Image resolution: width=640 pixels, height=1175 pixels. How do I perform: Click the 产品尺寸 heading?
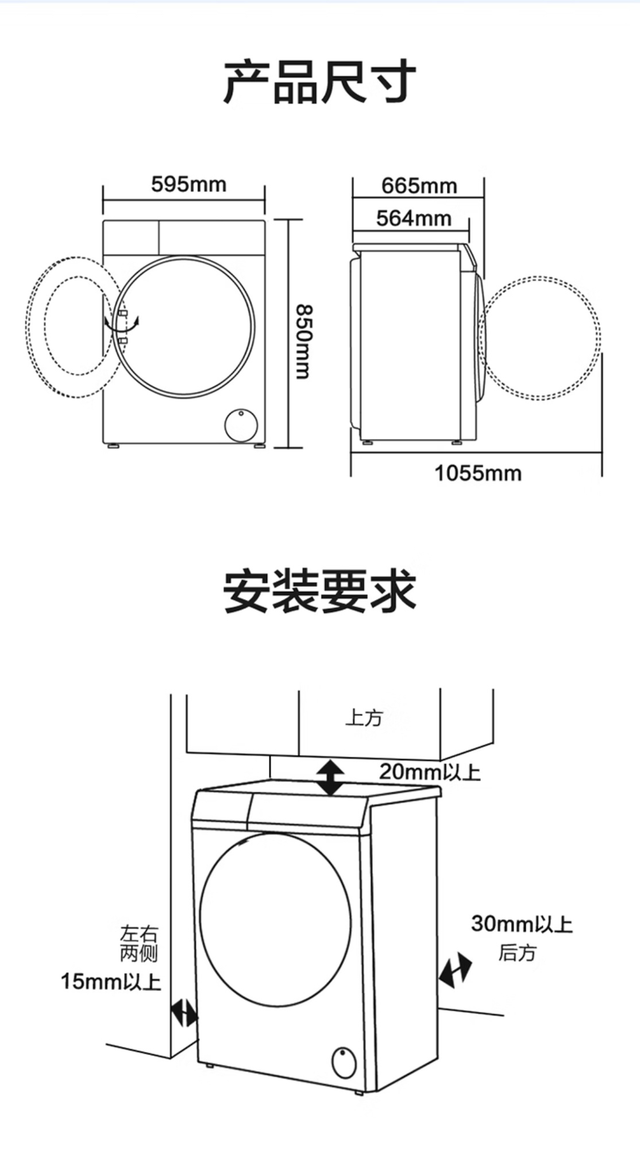319,82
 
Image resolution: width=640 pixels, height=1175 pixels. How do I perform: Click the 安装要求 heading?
319,591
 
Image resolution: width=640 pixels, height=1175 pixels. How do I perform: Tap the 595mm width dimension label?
189,184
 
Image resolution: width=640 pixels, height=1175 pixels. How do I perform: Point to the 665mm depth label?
419,186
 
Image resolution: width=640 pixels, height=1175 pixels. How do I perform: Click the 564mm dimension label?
414,218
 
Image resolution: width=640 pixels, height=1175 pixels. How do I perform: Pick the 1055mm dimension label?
478,473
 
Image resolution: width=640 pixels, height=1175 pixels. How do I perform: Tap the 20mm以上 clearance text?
430,772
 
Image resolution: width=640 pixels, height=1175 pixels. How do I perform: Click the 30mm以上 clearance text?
522,924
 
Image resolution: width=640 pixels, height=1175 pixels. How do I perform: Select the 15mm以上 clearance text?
111,981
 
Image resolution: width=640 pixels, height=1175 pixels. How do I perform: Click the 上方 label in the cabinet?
364,718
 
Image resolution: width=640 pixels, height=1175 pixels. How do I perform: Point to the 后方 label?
517,953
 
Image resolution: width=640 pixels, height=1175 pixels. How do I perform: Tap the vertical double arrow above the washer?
331,777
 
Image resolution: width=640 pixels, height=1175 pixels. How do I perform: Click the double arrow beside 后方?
455,970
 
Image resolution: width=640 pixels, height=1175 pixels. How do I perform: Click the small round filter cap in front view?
241,425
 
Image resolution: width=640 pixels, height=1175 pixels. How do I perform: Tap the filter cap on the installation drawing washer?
344,1062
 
